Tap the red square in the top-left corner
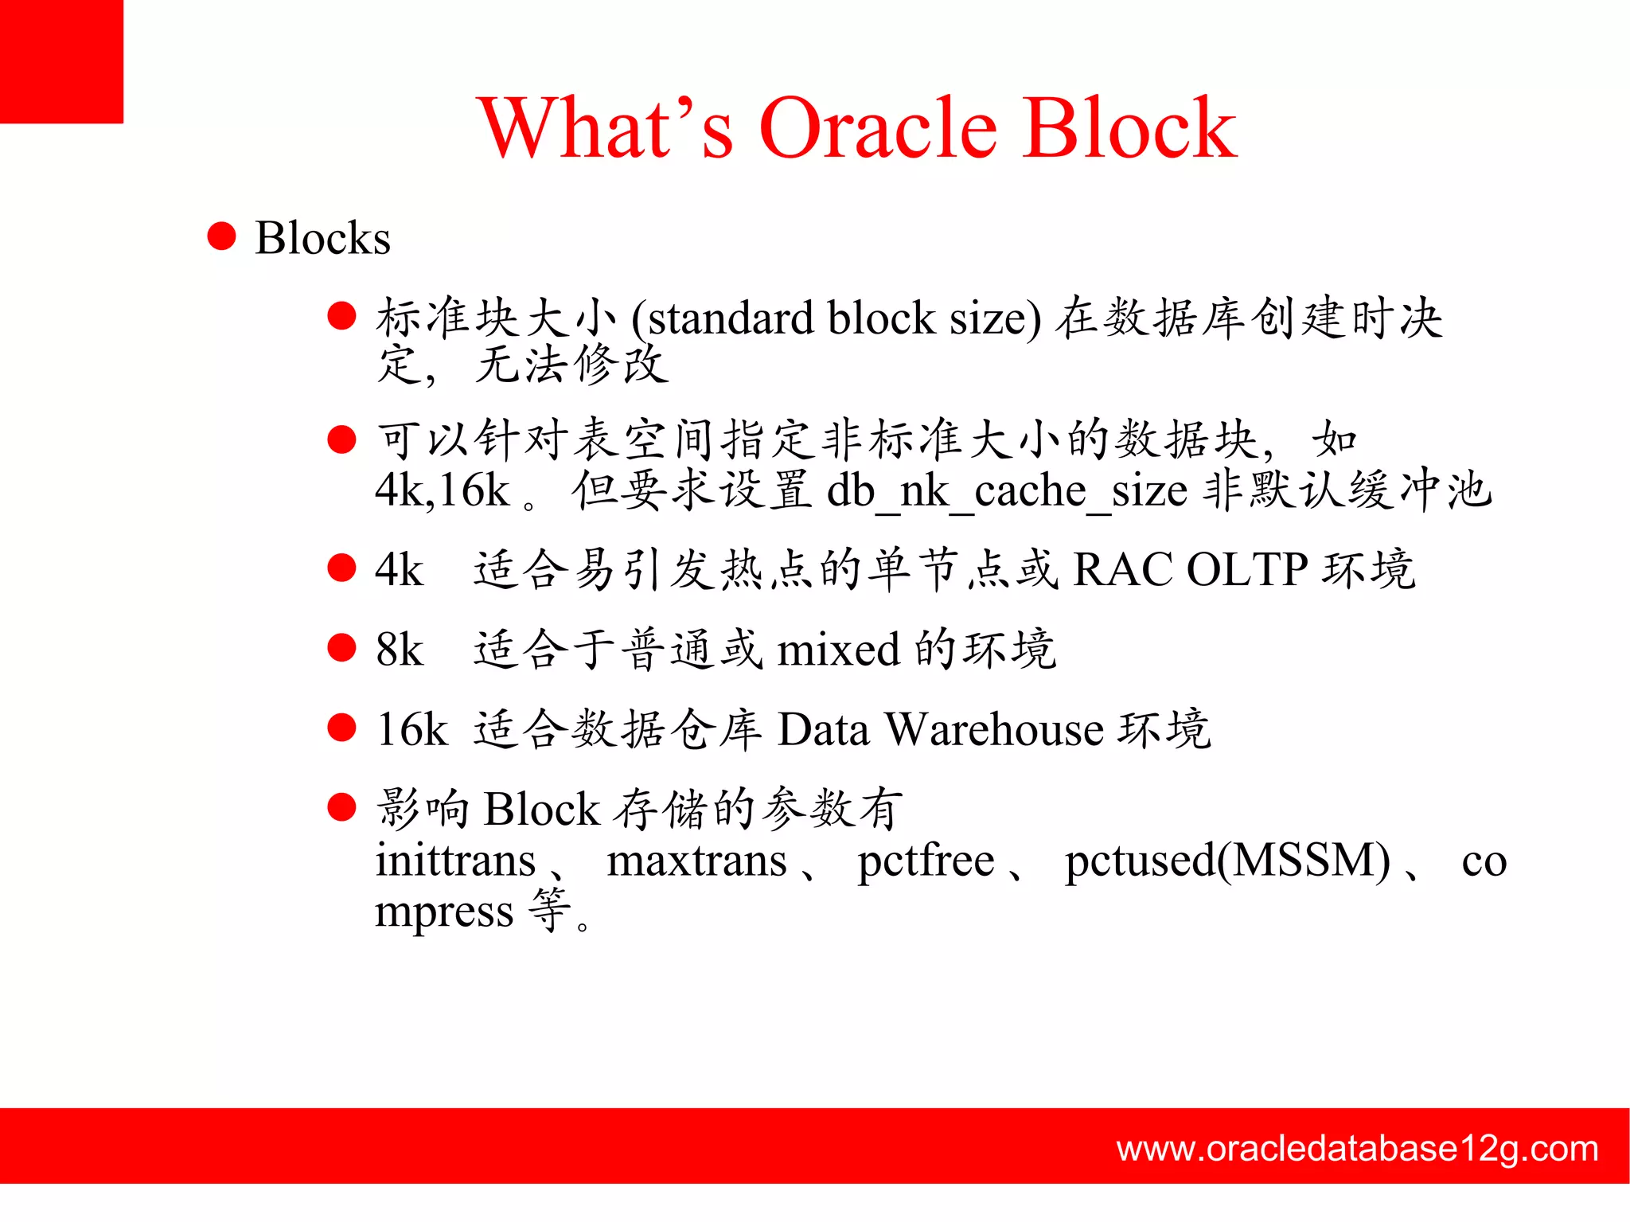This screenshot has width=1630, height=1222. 61,61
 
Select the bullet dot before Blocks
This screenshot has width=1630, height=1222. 221,236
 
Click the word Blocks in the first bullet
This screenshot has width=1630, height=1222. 322,238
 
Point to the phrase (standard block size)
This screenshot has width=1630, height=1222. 836,318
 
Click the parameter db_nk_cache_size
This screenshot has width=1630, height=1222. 1007,490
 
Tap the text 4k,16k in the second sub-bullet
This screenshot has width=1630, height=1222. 442,490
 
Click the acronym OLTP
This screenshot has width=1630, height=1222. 1246,570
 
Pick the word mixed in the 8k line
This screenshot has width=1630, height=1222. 838,650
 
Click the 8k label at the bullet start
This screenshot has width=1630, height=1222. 400,650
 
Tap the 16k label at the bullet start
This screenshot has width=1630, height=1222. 411,729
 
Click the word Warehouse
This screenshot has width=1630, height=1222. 994,729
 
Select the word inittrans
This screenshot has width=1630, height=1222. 455,861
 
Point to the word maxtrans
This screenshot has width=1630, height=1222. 696,861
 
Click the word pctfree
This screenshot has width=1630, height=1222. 926,861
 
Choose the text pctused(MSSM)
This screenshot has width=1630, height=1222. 1227,861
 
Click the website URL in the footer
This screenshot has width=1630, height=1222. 1357,1149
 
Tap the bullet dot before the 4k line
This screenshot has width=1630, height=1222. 341,568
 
